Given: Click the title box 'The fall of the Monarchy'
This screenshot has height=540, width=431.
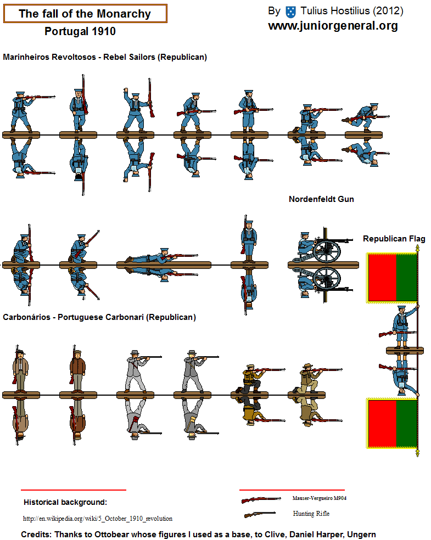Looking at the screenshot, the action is pos(85,14).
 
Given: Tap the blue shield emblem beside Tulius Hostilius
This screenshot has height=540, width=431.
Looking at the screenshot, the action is pos(291,12).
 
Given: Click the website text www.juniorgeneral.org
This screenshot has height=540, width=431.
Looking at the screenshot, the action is pos(333,26).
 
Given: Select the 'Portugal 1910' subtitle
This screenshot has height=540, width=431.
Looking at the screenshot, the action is pos(80,31).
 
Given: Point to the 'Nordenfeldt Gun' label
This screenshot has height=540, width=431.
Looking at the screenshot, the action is pos(321,199).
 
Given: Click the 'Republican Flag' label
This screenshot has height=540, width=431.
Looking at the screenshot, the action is pos(394,239).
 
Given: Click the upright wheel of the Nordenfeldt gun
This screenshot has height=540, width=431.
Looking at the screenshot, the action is pos(327,251).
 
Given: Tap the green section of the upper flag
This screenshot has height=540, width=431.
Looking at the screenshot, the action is pos(406,277).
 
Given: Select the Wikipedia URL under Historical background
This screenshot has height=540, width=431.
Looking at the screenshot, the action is pos(98,518).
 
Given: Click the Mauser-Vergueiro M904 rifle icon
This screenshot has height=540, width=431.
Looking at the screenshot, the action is pos(261,499).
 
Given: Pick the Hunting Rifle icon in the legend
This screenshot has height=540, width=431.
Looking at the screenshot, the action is pos(260,514).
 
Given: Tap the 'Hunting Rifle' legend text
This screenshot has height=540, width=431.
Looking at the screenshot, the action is pos(311,514).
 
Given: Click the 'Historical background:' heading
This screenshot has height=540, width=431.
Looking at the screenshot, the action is pos(65,502).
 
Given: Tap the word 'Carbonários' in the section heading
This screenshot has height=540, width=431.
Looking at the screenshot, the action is pos(26,317).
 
